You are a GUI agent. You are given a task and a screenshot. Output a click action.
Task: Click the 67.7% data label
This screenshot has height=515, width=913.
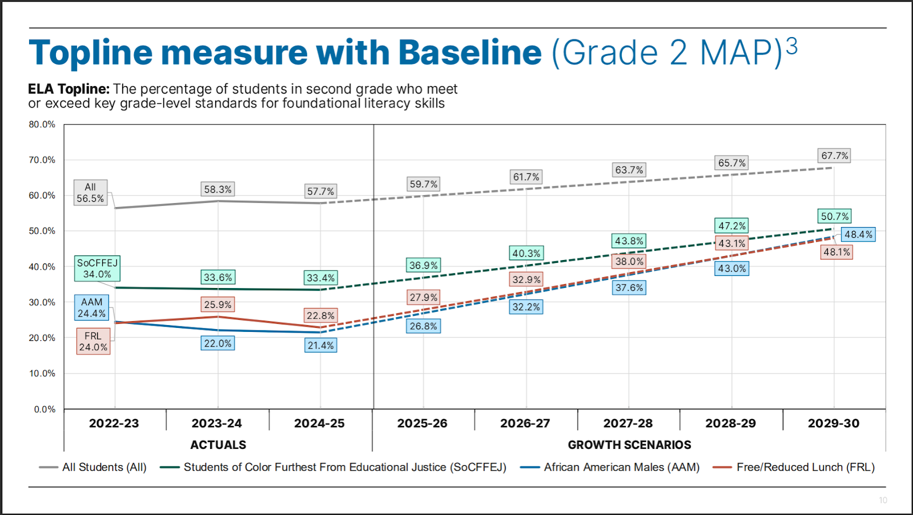835,156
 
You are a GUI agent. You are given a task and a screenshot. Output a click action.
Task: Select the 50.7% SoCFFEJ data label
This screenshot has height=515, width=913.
835,217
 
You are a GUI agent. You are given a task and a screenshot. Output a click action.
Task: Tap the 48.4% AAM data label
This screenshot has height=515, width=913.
858,234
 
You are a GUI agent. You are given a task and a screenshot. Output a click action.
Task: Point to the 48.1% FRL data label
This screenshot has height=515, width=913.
837,252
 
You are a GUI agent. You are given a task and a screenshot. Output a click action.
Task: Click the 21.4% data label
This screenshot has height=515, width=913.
321,346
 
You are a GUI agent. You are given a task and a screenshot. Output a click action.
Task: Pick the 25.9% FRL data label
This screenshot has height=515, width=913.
218,305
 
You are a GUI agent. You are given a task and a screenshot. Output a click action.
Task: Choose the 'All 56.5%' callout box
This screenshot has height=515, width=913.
90,193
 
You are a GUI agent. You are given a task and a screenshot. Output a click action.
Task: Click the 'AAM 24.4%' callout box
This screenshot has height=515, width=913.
91,308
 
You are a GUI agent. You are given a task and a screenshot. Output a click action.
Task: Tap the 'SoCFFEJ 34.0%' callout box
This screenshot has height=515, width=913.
97,269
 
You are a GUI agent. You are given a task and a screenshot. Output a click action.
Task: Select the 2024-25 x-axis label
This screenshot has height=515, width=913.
320,423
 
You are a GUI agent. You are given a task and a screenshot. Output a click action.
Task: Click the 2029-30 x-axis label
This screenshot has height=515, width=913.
834,423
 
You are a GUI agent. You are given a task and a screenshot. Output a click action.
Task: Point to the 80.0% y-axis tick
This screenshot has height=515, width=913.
42,124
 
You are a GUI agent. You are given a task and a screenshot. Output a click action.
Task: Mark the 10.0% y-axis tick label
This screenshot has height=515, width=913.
42,374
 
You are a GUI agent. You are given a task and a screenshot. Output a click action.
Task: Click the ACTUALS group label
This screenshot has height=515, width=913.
218,445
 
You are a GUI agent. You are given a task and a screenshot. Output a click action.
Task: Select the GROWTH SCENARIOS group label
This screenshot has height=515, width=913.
629,445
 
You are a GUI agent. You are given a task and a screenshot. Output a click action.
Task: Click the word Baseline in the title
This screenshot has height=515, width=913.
470,53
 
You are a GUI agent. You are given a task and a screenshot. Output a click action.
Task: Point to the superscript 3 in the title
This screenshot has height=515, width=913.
791,46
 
